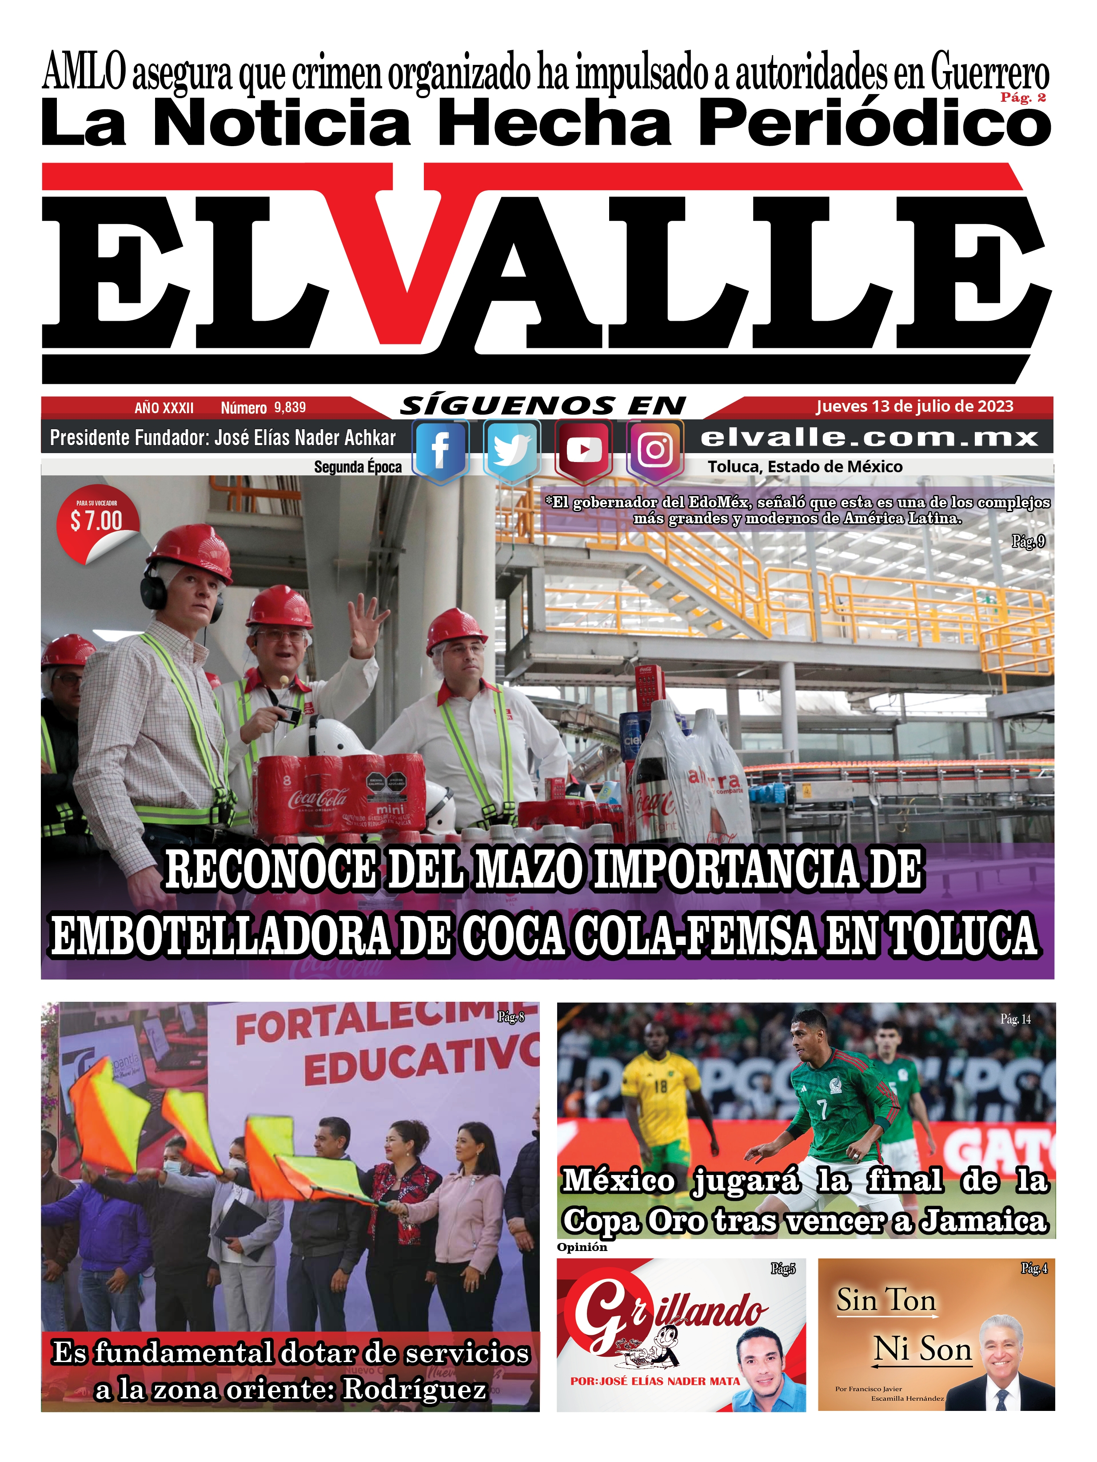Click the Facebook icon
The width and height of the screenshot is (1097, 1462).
tap(440, 451)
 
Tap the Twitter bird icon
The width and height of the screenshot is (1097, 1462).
tap(511, 451)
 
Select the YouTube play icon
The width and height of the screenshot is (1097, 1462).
tap(583, 451)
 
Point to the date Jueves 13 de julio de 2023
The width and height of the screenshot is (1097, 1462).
tap(914, 406)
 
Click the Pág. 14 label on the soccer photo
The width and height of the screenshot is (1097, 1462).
tap(1015, 1019)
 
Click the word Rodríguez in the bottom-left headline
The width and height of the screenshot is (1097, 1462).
tap(415, 1389)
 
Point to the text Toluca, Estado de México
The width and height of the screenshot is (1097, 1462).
tap(805, 466)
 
